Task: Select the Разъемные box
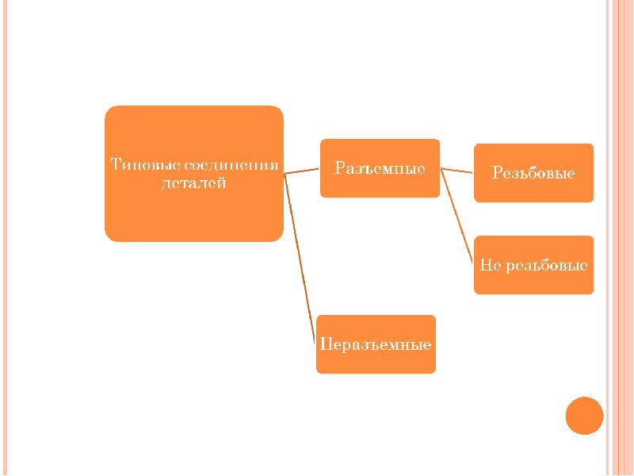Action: pos(380,168)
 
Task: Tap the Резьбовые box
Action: pos(533,173)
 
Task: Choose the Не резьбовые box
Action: pos(533,265)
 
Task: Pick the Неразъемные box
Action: pos(376,344)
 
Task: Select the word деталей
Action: pos(194,184)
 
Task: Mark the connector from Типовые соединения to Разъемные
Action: pos(302,170)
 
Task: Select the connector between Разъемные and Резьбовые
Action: pos(456,171)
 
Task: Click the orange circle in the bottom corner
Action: pos(585,415)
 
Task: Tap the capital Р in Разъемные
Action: pos(338,168)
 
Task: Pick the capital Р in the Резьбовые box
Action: pos(497,173)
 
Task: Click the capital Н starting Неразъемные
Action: pos(324,345)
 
